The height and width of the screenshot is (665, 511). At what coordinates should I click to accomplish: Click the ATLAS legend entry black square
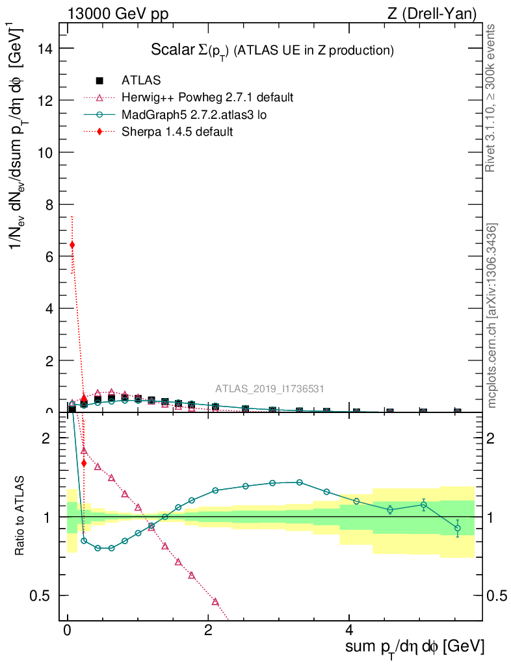(x=99, y=81)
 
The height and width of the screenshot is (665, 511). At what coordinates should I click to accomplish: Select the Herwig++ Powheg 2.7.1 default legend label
(x=207, y=97)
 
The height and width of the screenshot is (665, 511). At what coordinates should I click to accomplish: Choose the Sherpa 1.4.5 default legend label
(x=177, y=131)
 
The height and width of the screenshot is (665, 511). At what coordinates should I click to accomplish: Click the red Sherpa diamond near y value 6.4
(x=72, y=245)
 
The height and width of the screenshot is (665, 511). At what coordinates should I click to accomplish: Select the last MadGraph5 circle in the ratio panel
(x=458, y=528)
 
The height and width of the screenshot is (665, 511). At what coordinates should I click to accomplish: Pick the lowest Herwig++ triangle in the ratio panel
(x=215, y=601)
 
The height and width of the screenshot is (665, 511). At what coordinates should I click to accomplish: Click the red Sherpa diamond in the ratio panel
(x=84, y=463)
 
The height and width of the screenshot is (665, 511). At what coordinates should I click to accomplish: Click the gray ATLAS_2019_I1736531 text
(x=270, y=389)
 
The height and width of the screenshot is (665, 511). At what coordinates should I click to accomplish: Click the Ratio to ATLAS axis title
(x=21, y=516)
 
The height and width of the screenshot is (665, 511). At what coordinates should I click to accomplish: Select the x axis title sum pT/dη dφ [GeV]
(x=415, y=647)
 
